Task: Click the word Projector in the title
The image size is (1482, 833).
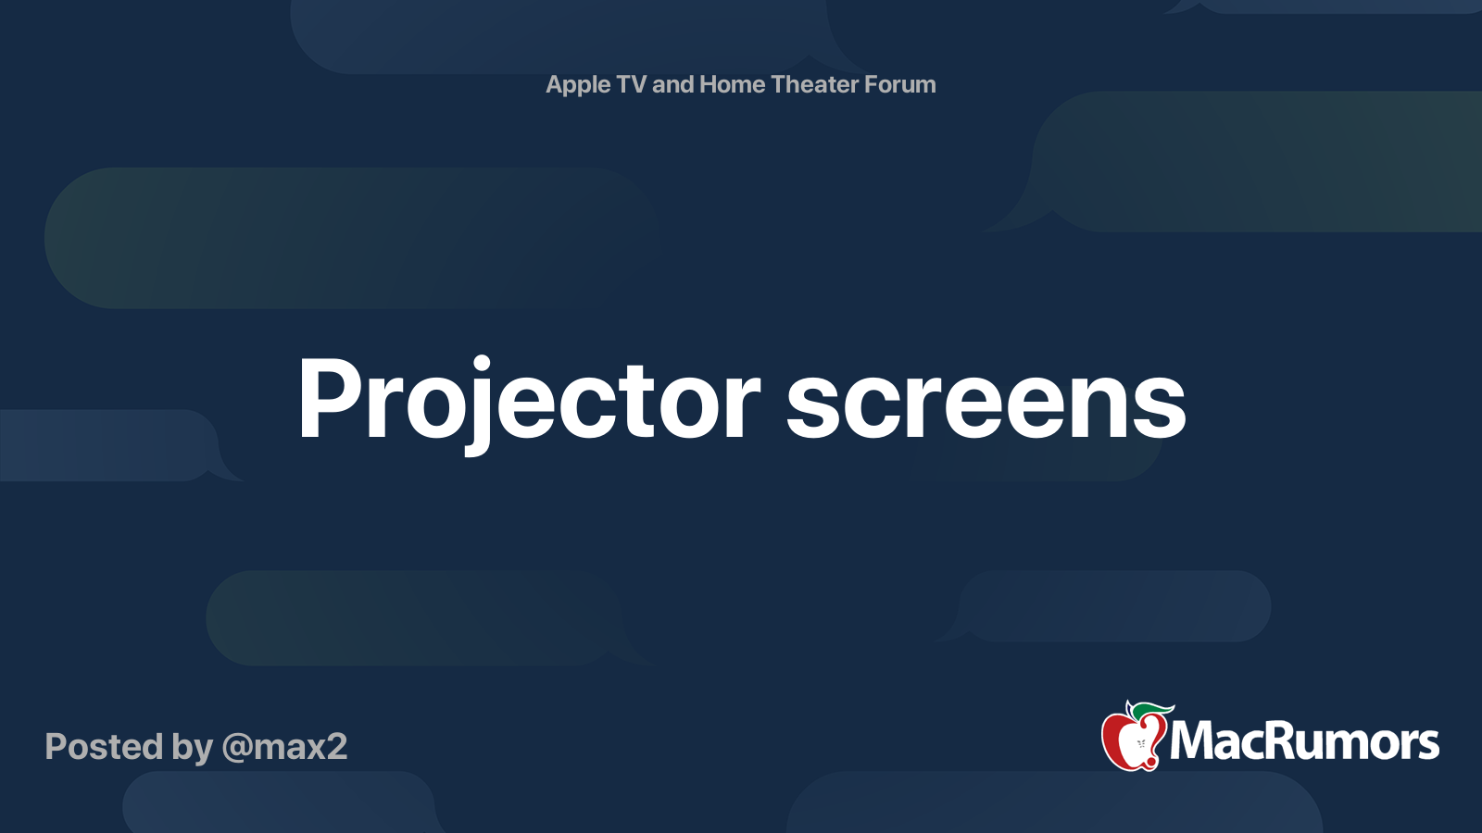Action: tap(528, 401)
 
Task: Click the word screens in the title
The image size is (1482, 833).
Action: tap(986, 401)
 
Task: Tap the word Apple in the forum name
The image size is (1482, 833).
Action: tap(578, 85)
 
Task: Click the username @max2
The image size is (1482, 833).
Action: tap(284, 747)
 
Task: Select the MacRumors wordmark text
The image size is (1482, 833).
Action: tap(1304, 741)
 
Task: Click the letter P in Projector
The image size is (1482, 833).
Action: tap(327, 399)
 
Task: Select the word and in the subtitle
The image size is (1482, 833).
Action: tap(672, 84)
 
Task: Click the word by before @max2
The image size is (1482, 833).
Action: tap(192, 747)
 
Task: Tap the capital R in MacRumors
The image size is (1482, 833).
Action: tap(1261, 740)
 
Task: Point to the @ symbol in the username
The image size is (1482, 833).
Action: tap(237, 748)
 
